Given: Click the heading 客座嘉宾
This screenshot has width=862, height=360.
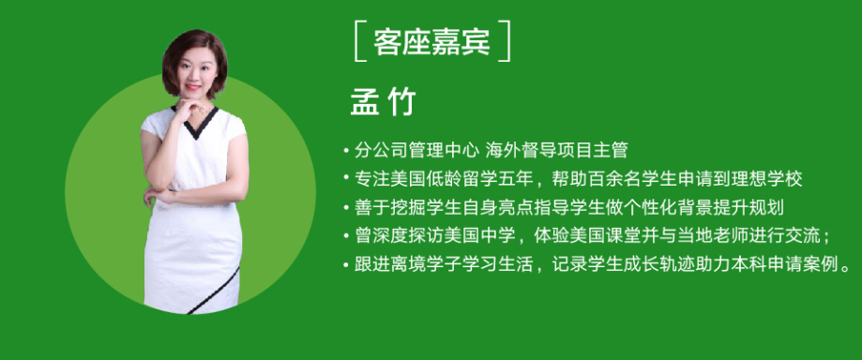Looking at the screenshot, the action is [431, 41].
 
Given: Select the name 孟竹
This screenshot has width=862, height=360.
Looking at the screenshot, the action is [384, 102].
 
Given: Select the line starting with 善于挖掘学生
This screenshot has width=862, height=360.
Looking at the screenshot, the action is [569, 208].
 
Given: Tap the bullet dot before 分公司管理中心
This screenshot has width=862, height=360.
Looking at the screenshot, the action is [346, 149].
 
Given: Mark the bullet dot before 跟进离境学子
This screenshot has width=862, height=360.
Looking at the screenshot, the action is [346, 265].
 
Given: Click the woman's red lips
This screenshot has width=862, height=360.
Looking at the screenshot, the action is [192, 87].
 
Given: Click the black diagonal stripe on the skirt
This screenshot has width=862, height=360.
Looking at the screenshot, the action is [214, 292].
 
